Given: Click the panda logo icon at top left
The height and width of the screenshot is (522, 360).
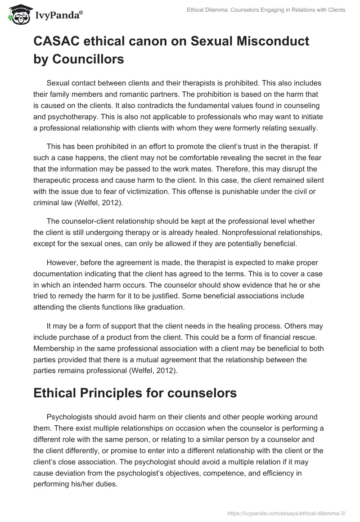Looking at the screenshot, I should (17, 14).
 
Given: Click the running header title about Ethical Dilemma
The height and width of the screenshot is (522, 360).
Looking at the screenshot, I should (266, 10).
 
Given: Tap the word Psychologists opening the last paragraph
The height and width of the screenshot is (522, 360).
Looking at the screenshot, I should (70, 417).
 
